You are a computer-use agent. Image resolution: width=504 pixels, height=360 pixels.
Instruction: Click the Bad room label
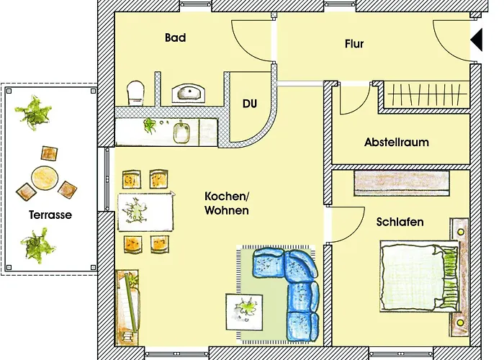click(175, 37)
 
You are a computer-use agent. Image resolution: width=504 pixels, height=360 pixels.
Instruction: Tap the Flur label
click(354, 44)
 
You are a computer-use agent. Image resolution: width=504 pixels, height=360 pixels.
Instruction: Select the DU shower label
click(249, 104)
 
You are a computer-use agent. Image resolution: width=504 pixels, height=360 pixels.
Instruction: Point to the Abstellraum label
click(396, 143)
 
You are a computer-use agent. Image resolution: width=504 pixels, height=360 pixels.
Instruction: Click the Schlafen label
click(400, 222)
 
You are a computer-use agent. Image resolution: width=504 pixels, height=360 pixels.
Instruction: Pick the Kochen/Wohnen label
click(227, 204)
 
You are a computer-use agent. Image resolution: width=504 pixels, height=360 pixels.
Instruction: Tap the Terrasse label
click(50, 215)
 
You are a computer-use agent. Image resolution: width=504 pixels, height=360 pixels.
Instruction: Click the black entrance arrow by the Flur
click(476, 44)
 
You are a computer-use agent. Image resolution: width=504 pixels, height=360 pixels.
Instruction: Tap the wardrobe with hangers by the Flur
click(425, 95)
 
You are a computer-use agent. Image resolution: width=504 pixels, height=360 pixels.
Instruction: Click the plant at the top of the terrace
click(34, 112)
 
